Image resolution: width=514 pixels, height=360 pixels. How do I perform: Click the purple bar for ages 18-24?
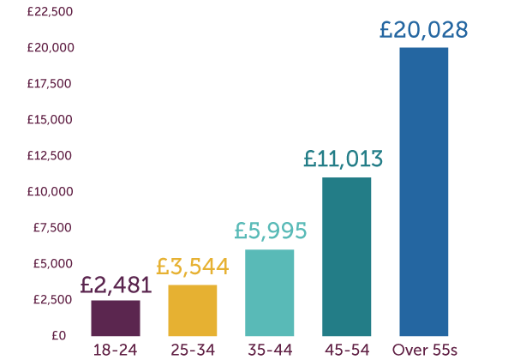[116, 318]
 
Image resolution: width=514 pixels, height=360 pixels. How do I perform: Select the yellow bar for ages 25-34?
[193, 310]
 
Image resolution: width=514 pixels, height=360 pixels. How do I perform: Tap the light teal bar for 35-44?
[270, 293]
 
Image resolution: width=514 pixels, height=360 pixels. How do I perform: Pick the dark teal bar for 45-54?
[347, 257]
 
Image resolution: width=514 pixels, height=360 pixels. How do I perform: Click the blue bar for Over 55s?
[424, 192]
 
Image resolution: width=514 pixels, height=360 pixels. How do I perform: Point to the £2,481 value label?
[116, 285]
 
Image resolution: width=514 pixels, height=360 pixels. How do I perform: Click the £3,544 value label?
[193, 267]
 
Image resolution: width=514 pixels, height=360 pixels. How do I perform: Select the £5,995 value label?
[270, 231]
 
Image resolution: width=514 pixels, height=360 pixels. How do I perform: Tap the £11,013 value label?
[344, 159]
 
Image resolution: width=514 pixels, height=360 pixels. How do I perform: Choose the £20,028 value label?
[424, 30]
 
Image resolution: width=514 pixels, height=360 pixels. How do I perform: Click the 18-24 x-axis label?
[116, 350]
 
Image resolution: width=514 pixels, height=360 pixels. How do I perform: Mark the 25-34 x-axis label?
[193, 350]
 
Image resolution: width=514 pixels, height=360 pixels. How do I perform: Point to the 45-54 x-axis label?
[347, 350]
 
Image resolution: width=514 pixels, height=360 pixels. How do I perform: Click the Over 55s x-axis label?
[424, 350]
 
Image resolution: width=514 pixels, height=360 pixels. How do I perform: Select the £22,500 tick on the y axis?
[51, 12]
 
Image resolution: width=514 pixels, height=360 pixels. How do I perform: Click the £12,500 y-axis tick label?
[51, 156]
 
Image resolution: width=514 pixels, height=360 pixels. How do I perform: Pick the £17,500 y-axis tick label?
[51, 84]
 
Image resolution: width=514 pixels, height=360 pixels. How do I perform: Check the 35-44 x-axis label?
[270, 350]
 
